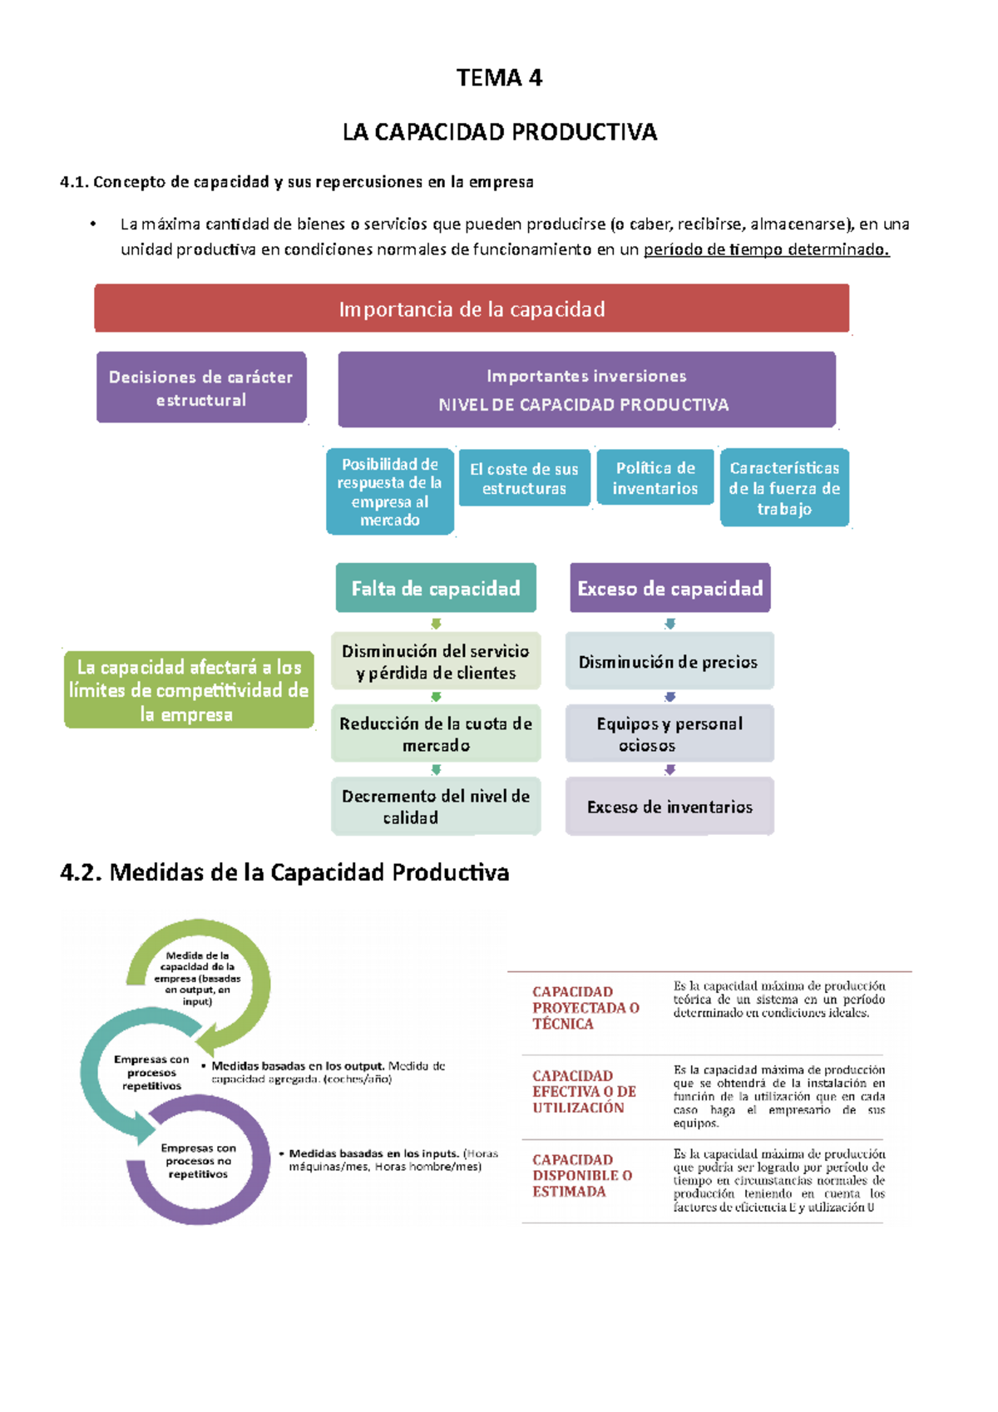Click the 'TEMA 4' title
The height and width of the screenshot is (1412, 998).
click(x=499, y=77)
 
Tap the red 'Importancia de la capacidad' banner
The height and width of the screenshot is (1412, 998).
click(x=472, y=309)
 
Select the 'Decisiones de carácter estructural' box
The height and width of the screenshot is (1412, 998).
click(x=201, y=388)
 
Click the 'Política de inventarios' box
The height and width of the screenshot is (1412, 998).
click(x=655, y=477)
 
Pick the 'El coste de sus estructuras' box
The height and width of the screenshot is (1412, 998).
click(x=524, y=478)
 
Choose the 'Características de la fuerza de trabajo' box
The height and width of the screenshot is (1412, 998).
click(x=784, y=487)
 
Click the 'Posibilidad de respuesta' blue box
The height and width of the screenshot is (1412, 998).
click(x=390, y=491)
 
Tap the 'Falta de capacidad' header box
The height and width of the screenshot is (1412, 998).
click(x=436, y=588)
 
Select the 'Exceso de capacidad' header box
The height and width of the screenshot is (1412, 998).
click(x=669, y=588)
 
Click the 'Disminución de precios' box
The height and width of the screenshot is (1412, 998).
click(x=669, y=661)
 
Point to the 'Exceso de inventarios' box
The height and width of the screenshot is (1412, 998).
click(x=669, y=806)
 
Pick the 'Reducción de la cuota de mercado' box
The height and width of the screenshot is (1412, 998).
click(x=436, y=733)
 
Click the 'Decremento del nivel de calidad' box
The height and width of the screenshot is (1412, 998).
click(x=436, y=806)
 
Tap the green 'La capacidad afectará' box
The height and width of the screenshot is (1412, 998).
click(x=189, y=690)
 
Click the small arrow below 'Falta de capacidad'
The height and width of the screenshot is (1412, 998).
click(x=436, y=624)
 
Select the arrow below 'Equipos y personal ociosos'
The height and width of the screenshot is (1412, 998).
click(x=669, y=770)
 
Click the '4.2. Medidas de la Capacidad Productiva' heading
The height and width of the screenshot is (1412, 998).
click(x=284, y=872)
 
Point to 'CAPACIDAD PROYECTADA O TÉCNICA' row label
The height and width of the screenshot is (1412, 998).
click(x=585, y=1007)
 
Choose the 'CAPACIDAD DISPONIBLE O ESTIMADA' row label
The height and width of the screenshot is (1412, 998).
click(x=582, y=1175)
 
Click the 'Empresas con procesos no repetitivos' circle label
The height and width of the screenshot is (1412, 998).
click(x=198, y=1161)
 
